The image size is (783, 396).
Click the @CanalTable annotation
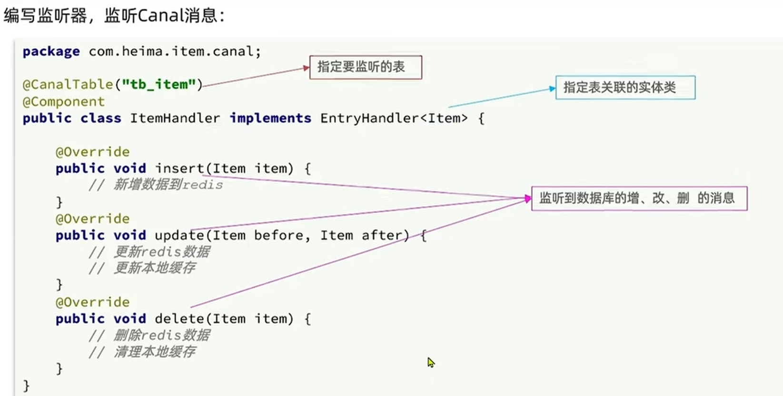point(68,85)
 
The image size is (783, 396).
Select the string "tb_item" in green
point(159,85)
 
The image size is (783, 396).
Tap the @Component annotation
point(63,101)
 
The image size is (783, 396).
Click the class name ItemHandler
point(175,118)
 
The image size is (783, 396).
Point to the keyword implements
point(270,118)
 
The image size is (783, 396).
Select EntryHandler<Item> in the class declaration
point(394,118)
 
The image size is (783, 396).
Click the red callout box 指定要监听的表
point(365,67)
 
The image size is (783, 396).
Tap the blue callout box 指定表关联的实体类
point(624,88)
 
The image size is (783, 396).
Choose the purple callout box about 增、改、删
point(639,198)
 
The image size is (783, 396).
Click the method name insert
point(179,168)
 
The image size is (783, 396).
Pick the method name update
point(179,235)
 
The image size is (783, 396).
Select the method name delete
point(179,318)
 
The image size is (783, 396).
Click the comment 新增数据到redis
point(168,185)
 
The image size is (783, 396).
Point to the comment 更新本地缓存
point(154,268)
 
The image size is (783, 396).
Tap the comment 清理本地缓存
point(154,352)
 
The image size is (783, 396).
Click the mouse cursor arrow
point(430,362)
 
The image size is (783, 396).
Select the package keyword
point(51,51)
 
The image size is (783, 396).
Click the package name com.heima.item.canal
point(174,51)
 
